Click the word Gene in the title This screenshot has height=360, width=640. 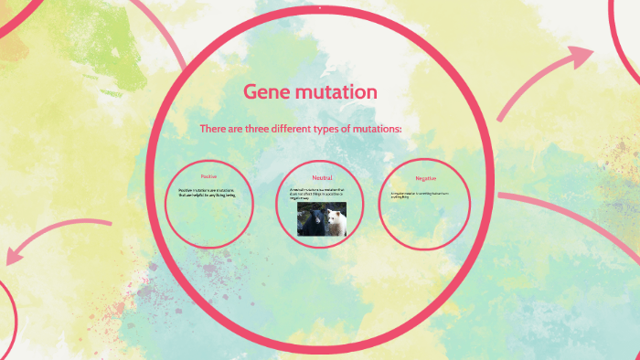pyautogui.click(x=266, y=91)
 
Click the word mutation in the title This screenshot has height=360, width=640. pyautogui.click(x=335, y=91)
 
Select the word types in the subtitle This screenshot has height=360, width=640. pyautogui.click(x=324, y=129)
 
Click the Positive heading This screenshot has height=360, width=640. pyautogui.click(x=208, y=175)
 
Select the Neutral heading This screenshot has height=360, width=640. pyautogui.click(x=322, y=177)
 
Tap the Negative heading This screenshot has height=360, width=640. pyautogui.click(x=425, y=178)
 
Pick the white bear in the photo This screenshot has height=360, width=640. pyautogui.click(x=335, y=221)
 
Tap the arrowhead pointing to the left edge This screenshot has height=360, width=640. pyautogui.click(x=16, y=252)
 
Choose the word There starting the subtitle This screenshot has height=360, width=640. pyautogui.click(x=212, y=129)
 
